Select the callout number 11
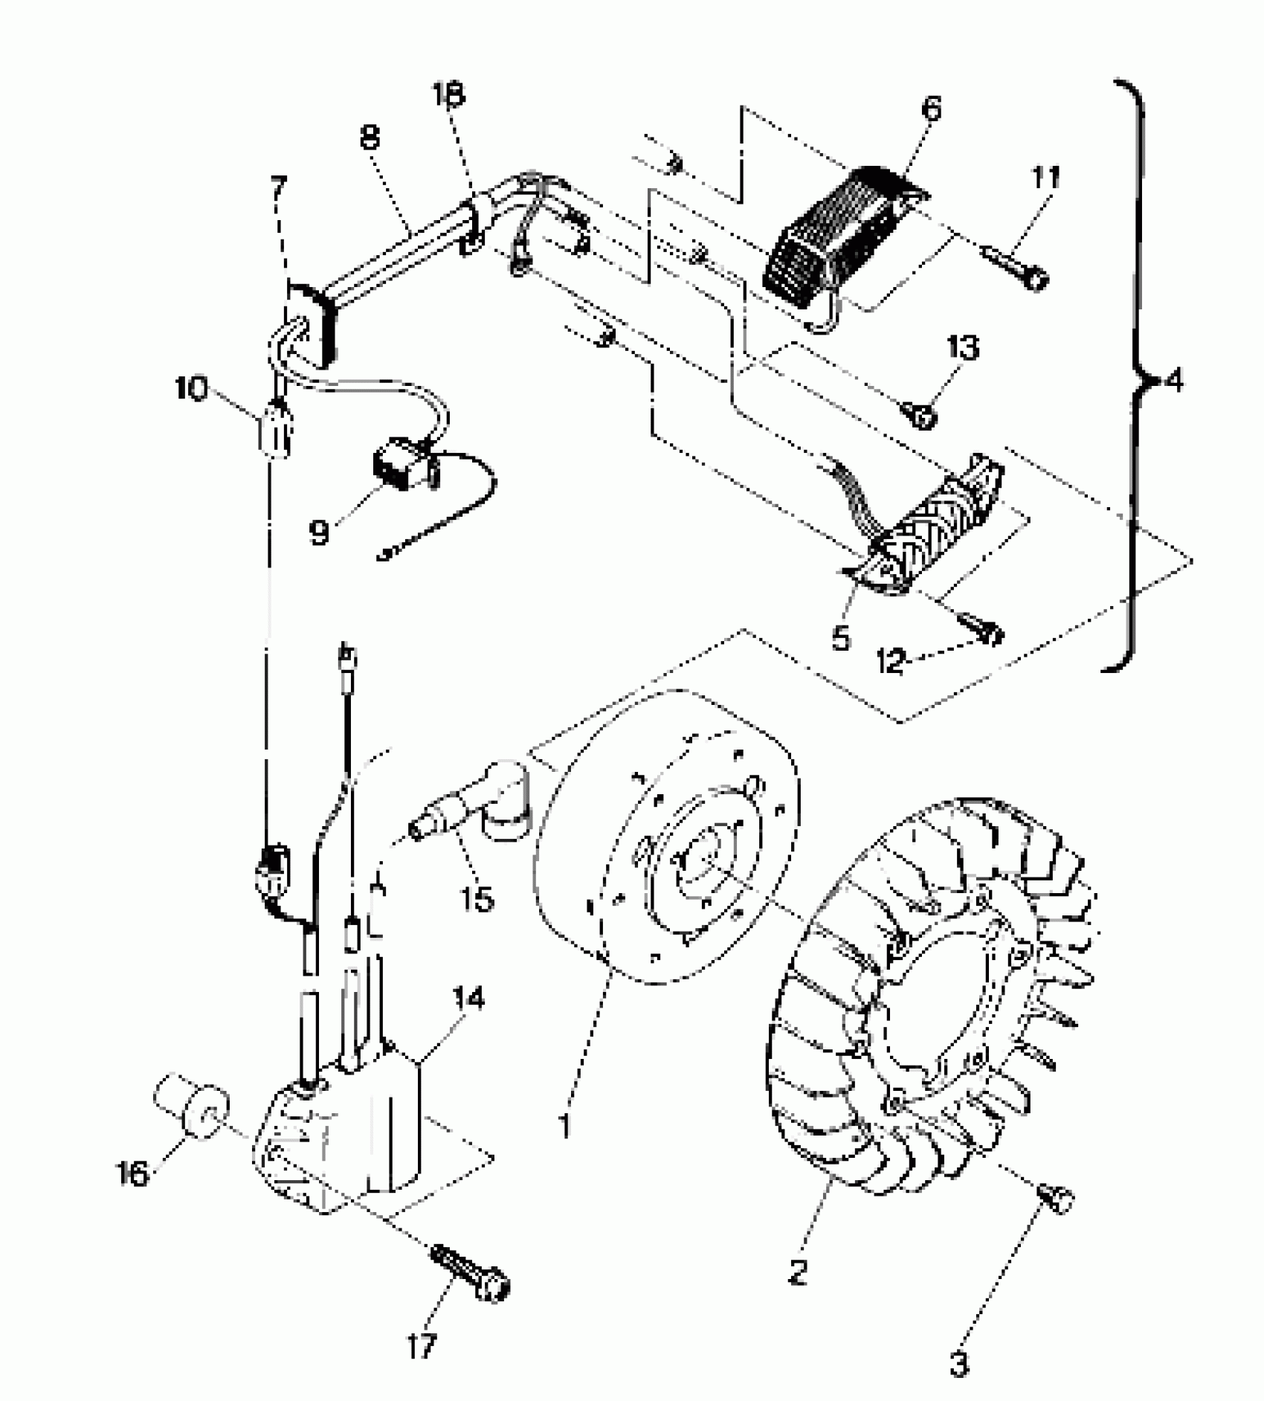pyautogui.click(x=1045, y=178)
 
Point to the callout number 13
pyautogui.click(x=964, y=348)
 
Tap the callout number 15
pyautogui.click(x=477, y=900)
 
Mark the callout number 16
pyautogui.click(x=133, y=1174)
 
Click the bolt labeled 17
pyautogui.click(x=471, y=1272)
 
